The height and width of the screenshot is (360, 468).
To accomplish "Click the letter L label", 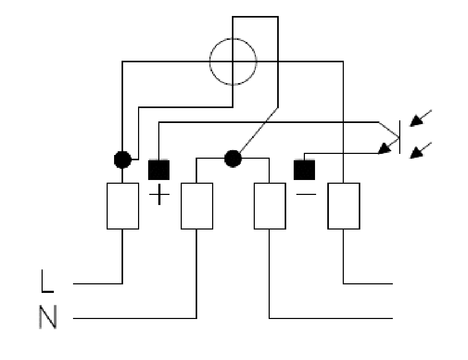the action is [x=47, y=281].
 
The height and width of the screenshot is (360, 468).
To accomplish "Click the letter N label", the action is [x=48, y=317].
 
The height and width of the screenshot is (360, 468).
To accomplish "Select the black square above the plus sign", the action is [x=159, y=170].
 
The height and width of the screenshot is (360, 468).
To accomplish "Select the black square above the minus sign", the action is [x=304, y=170].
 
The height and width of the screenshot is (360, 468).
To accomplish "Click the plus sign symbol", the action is [x=159, y=194].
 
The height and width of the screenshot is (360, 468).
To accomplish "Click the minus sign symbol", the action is [x=306, y=194].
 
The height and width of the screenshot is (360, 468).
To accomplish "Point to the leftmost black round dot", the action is [x=123, y=160].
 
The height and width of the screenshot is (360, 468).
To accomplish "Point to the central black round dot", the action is [x=233, y=159].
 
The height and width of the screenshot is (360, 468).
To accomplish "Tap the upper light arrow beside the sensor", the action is [x=420, y=118].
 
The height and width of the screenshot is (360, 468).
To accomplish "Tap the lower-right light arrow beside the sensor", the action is [x=420, y=150].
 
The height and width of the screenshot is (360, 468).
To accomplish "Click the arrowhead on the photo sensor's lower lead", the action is [x=384, y=149].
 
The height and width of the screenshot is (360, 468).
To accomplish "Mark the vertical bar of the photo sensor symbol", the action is [x=400, y=137].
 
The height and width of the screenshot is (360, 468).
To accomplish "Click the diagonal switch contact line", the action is [x=259, y=130].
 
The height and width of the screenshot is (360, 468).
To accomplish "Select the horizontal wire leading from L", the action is [x=98, y=284].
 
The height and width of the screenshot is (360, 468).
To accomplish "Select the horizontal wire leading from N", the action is [x=135, y=318].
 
